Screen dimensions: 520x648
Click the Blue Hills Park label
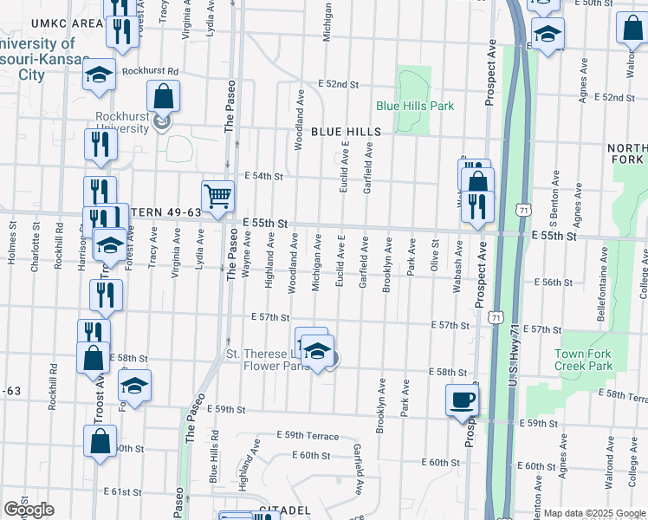(415, 106)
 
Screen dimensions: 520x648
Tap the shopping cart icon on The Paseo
(218, 195)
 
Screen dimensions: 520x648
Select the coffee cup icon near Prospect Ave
(462, 399)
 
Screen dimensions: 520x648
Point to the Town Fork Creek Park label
(583, 360)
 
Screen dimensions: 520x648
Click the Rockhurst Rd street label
(150, 71)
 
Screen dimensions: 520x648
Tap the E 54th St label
(263, 175)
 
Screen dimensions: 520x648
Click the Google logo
(29, 510)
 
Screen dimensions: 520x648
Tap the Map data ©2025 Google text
(594, 513)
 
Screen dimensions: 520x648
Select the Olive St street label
(435, 260)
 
